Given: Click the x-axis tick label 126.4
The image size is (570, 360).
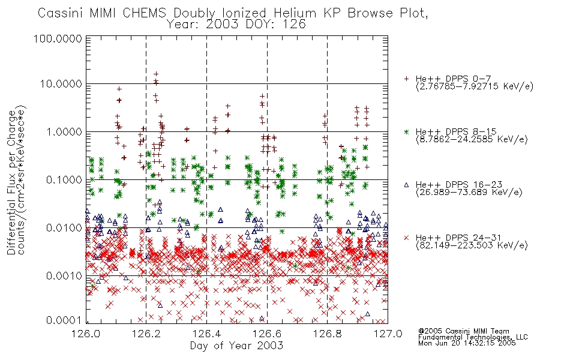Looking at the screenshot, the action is [x=206, y=334].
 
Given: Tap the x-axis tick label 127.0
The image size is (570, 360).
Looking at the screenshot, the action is [x=388, y=334].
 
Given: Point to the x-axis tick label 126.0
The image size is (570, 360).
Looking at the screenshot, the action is [x=86, y=334].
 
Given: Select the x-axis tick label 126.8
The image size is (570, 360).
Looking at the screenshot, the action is [x=327, y=334].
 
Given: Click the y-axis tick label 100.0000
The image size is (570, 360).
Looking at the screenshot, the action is [x=58, y=38].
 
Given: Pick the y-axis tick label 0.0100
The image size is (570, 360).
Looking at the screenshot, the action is [x=64, y=228].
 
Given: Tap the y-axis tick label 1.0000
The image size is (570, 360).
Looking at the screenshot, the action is [x=64, y=131].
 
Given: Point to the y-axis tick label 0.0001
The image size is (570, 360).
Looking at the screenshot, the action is [x=64, y=320].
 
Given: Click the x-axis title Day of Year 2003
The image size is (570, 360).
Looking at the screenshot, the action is [x=236, y=346].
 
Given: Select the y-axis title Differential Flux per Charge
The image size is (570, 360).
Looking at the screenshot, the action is [x=11, y=182].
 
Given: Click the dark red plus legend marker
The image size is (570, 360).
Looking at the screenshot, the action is [x=406, y=79].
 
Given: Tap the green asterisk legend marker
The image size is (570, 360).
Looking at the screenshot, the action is [x=406, y=131].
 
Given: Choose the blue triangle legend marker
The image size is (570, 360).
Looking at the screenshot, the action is [x=406, y=185].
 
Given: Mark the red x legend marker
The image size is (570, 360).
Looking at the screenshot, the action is [x=406, y=238].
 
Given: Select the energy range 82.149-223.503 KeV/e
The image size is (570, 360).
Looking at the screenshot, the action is [x=472, y=245].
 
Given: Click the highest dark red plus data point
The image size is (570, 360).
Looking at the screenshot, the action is [x=157, y=74].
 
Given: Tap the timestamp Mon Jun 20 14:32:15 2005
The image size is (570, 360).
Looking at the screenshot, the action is [x=467, y=343].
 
